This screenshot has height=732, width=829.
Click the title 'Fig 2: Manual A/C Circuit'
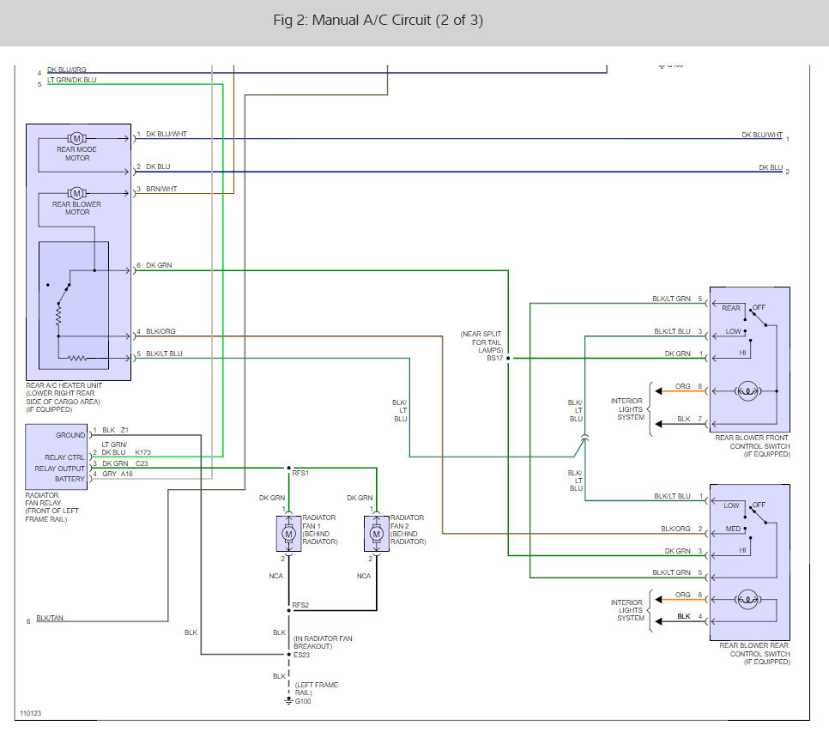(378, 21)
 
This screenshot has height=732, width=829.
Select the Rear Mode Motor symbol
(76, 138)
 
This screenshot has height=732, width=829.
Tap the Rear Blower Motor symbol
(76, 192)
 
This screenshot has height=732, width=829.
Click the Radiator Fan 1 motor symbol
(288, 535)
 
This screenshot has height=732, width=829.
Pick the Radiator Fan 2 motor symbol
(376, 535)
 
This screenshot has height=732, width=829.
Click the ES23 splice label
(301, 654)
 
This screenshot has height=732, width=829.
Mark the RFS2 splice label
(300, 605)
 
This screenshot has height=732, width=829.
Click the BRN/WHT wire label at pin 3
(161, 190)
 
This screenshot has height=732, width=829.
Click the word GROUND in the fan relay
(70, 435)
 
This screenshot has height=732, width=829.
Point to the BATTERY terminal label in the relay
(70, 479)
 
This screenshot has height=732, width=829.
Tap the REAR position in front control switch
(730, 308)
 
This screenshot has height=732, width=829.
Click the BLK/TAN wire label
(50, 618)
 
